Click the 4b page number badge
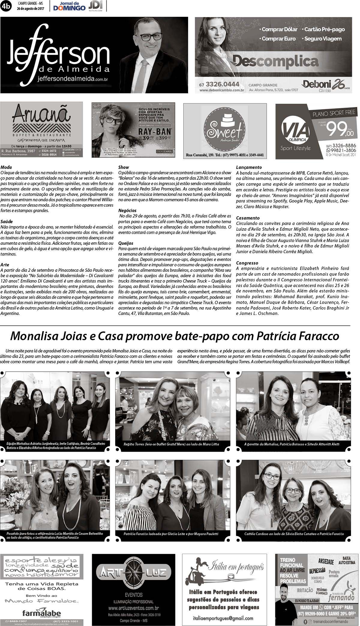(6, 5)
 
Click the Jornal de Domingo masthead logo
(69, 6)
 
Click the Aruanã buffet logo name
(41, 114)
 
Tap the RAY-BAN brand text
(154, 131)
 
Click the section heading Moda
(6, 167)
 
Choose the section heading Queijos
(126, 243)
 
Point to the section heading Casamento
(248, 218)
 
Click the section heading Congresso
(247, 263)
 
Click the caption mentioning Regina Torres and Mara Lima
(171, 444)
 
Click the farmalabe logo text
(41, 613)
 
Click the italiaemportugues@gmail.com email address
(223, 618)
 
